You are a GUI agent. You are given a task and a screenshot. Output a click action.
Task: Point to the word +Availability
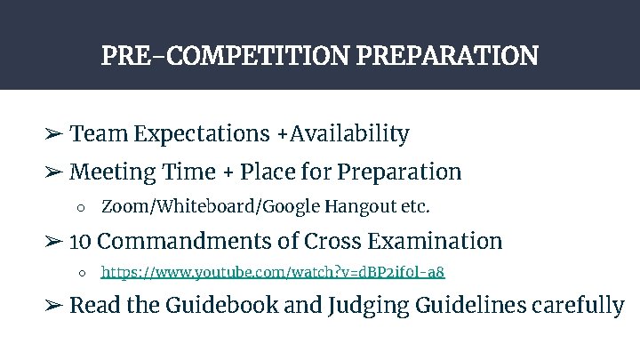point(342,134)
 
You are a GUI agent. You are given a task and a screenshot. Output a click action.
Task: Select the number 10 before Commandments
point(80,241)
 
